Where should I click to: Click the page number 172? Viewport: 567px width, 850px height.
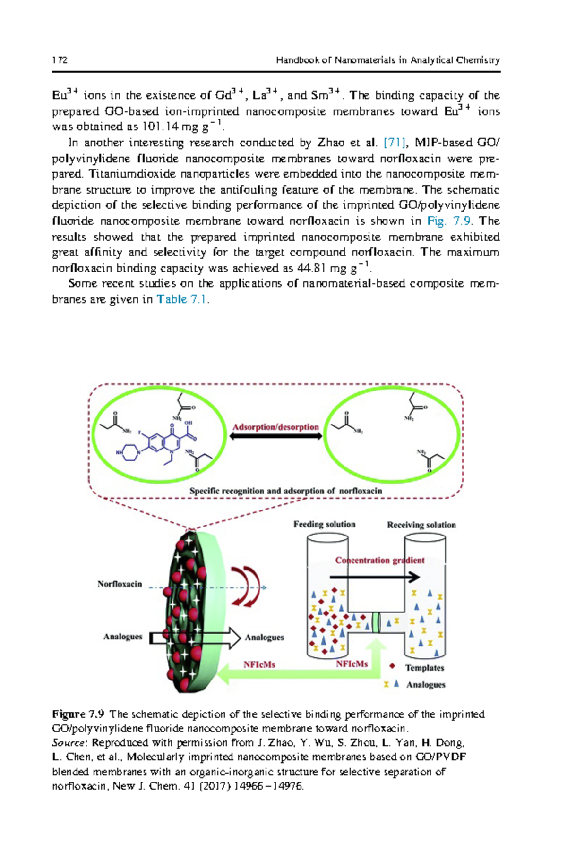[x=60, y=60]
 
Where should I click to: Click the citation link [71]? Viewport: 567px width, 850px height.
[x=394, y=142]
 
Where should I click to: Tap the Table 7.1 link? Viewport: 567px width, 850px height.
[x=182, y=299]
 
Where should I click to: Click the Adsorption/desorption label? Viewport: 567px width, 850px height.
[x=275, y=427]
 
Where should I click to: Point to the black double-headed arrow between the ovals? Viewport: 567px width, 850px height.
[x=275, y=436]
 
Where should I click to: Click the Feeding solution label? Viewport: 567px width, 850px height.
[x=324, y=524]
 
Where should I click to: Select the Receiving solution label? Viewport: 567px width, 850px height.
[x=421, y=525]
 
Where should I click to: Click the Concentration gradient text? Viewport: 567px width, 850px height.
[x=380, y=560]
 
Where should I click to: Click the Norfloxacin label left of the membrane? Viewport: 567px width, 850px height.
[x=120, y=584]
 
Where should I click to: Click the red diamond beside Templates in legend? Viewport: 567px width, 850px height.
[x=392, y=666]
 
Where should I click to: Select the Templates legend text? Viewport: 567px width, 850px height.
[x=424, y=668]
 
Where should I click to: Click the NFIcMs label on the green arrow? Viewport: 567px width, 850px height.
[x=259, y=664]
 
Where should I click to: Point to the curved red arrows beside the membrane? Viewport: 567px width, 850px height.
[x=246, y=586]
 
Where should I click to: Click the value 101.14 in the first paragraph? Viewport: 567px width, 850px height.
[x=160, y=127]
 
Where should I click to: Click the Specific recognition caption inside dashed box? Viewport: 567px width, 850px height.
[x=285, y=491]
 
